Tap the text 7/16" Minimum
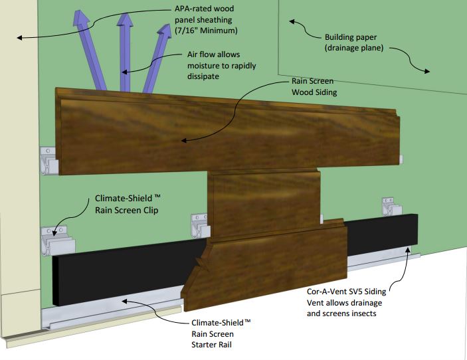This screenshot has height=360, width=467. [x=207, y=31]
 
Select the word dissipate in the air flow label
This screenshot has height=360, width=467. [x=203, y=76]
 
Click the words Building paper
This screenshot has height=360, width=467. [x=351, y=37]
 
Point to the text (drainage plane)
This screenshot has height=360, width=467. [x=354, y=48]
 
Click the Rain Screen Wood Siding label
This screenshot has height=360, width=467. [x=314, y=86]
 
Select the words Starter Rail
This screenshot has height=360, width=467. [x=211, y=345]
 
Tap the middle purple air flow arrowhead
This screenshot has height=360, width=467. [x=125, y=20]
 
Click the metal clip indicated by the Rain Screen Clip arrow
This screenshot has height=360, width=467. [x=58, y=240]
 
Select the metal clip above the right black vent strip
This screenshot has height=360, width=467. [x=392, y=206]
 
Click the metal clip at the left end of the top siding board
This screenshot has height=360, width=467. [x=50, y=161]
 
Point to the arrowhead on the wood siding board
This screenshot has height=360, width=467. [x=184, y=140]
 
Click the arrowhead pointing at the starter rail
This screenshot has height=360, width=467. [x=125, y=302]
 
